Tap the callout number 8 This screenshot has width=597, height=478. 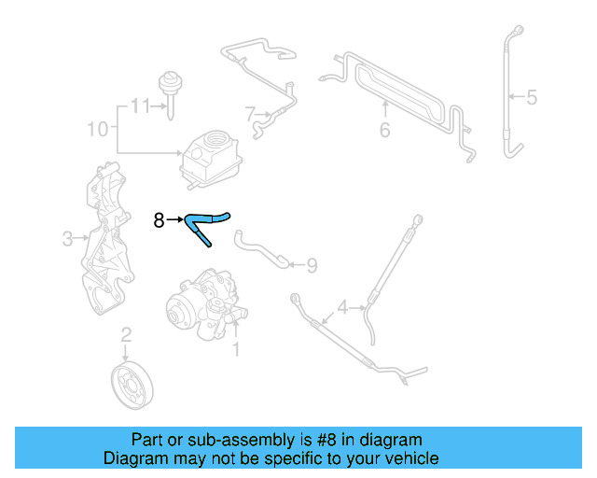pos(159,220)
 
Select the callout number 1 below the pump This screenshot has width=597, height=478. pos(236,349)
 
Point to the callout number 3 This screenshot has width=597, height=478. pos(67,239)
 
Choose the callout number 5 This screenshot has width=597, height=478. pos(531,96)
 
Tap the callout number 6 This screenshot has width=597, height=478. pos(384,130)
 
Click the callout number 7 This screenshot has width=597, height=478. pos(250,115)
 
